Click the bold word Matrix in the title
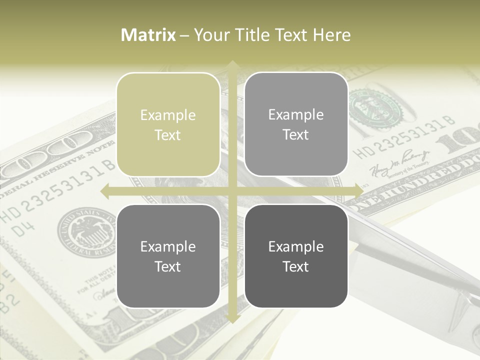(148, 35)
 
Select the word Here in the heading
(331, 35)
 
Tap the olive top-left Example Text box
(168, 125)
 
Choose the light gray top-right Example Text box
(296, 124)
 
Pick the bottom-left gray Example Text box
(168, 256)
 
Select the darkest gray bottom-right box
(296, 256)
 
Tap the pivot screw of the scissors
(472, 300)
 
